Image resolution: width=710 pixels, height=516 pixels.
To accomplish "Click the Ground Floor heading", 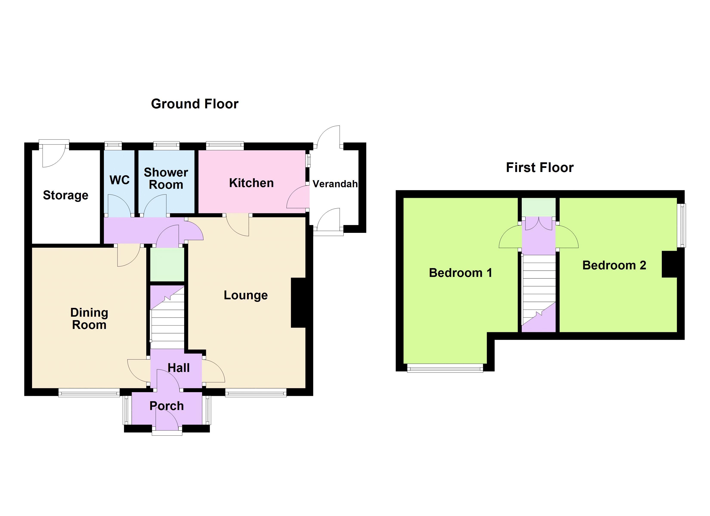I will pyautogui.click(x=194, y=104).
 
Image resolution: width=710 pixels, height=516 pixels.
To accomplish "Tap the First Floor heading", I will pyautogui.click(x=539, y=168).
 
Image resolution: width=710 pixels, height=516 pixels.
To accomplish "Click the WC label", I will pyautogui.click(x=120, y=180).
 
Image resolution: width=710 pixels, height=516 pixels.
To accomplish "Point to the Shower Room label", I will pyautogui.click(x=166, y=179).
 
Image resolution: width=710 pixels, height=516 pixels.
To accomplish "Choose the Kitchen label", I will pyautogui.click(x=251, y=183).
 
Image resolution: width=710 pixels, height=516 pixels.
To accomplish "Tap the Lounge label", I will pyautogui.click(x=246, y=295).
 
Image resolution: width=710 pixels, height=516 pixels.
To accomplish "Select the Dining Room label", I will pyautogui.click(x=89, y=319).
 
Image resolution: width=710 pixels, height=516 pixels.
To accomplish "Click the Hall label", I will pyautogui.click(x=178, y=368).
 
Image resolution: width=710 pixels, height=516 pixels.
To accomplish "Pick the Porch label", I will pyautogui.click(x=167, y=406).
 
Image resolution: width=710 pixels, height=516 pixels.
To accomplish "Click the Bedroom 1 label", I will pyautogui.click(x=460, y=273).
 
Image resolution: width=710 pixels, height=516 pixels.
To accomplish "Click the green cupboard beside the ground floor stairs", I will pyautogui.click(x=167, y=265).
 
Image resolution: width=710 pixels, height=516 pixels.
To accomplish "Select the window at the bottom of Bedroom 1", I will pyautogui.click(x=445, y=368).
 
